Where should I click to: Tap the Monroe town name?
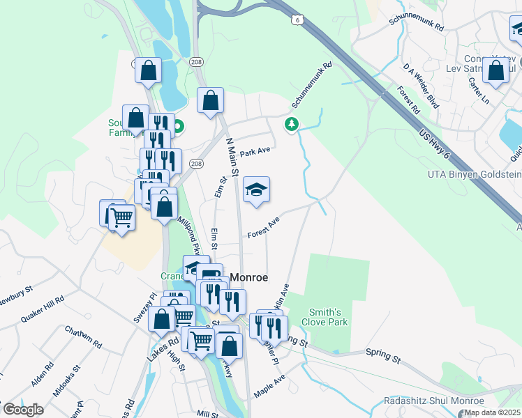pos(248,277)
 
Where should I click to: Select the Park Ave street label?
pos(254,152)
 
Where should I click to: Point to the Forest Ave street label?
pos(263,227)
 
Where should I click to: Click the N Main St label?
pos(232,157)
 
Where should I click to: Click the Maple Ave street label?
pos(270,387)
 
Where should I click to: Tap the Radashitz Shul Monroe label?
pos(433,401)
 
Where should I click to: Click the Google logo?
pos(23,410)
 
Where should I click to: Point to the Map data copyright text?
pos(492,412)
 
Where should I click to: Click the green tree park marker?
pos(291,125)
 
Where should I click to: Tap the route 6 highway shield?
pos(297,21)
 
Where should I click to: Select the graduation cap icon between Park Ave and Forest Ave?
pos(256,189)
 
